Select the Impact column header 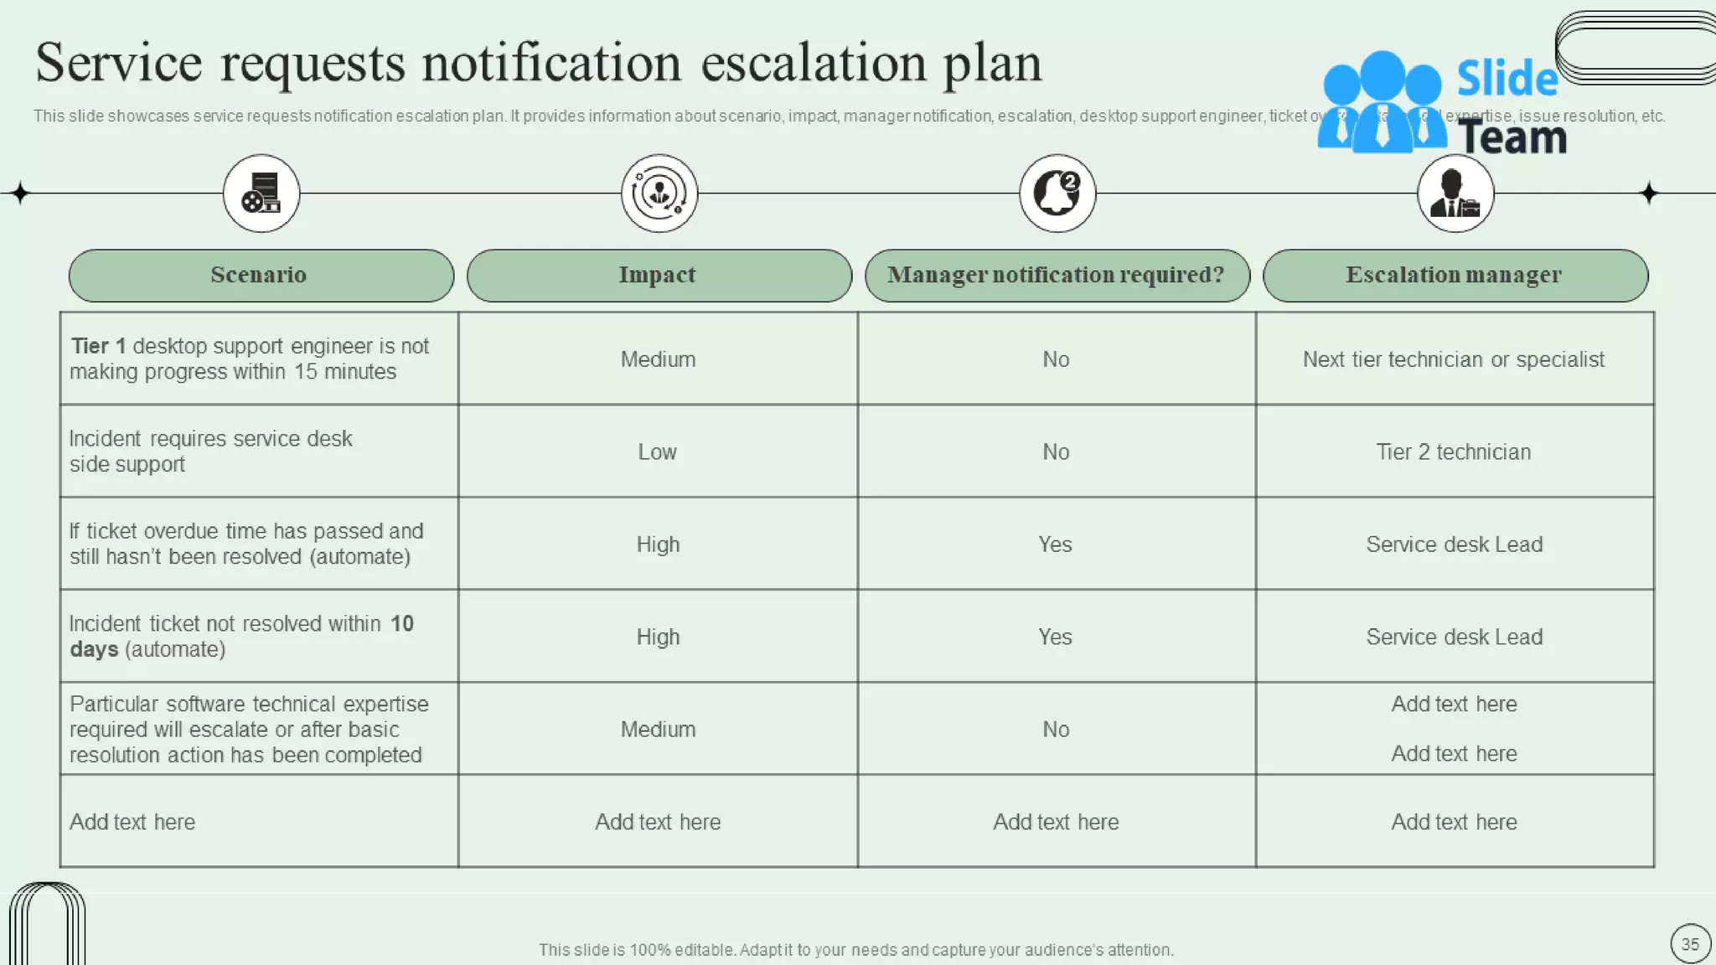[x=659, y=276]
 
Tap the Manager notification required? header [x=1057, y=276]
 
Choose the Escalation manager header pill [x=1455, y=276]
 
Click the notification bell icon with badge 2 [x=1057, y=194]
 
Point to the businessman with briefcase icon [x=1455, y=194]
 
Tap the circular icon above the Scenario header [x=261, y=194]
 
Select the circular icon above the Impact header [x=659, y=194]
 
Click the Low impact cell [x=658, y=452]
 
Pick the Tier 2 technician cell [x=1454, y=452]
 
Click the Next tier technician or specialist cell [x=1454, y=360]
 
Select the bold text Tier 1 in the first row [x=98, y=347]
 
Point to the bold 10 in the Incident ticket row [x=402, y=624]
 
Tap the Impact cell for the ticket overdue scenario [x=658, y=544]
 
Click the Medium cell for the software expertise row [x=658, y=730]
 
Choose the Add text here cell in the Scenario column [x=132, y=823]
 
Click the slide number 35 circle [x=1690, y=944]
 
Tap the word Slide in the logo [x=1507, y=80]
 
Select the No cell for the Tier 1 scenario [x=1056, y=360]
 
